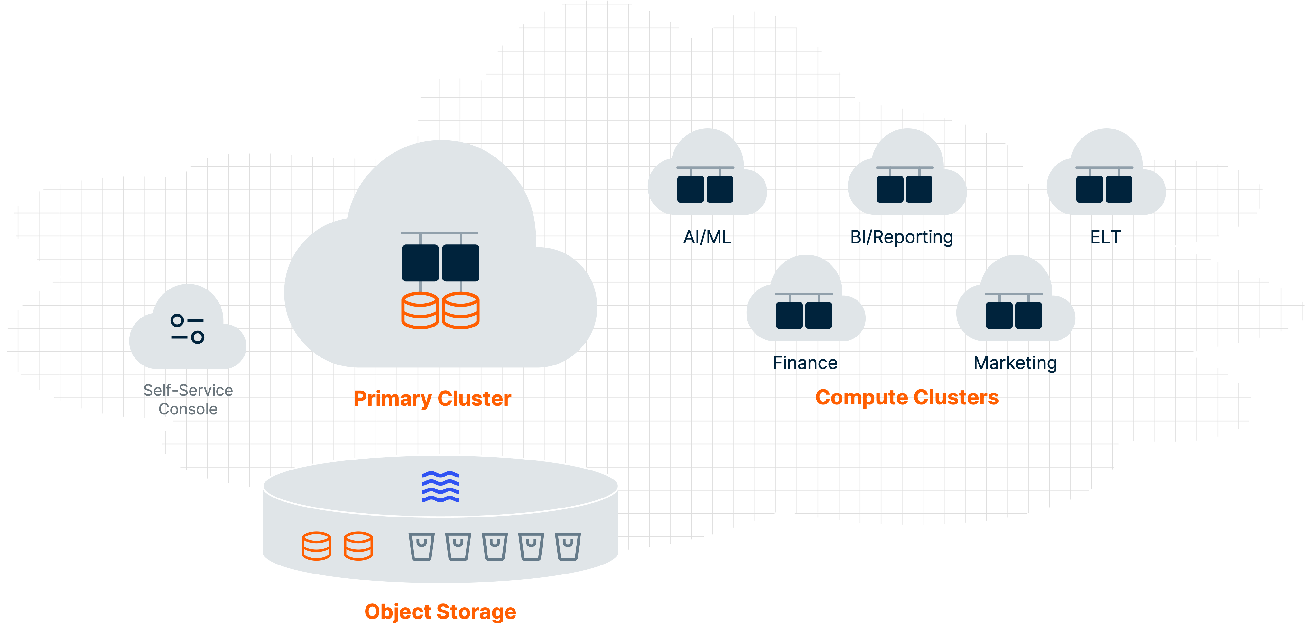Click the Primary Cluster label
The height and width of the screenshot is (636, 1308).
pos(432,399)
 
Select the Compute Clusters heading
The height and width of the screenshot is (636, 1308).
pos(907,397)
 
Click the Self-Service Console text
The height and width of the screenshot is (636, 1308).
pos(188,400)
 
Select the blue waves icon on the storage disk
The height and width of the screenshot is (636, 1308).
pos(440,487)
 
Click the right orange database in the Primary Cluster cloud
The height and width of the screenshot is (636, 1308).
pos(460,310)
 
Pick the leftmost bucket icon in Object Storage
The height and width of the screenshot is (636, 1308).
pos(422,546)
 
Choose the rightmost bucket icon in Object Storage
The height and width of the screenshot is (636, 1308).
pos(568,546)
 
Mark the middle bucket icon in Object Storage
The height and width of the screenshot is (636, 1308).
pos(495,546)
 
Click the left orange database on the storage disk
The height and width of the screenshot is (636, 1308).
pos(316,546)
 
